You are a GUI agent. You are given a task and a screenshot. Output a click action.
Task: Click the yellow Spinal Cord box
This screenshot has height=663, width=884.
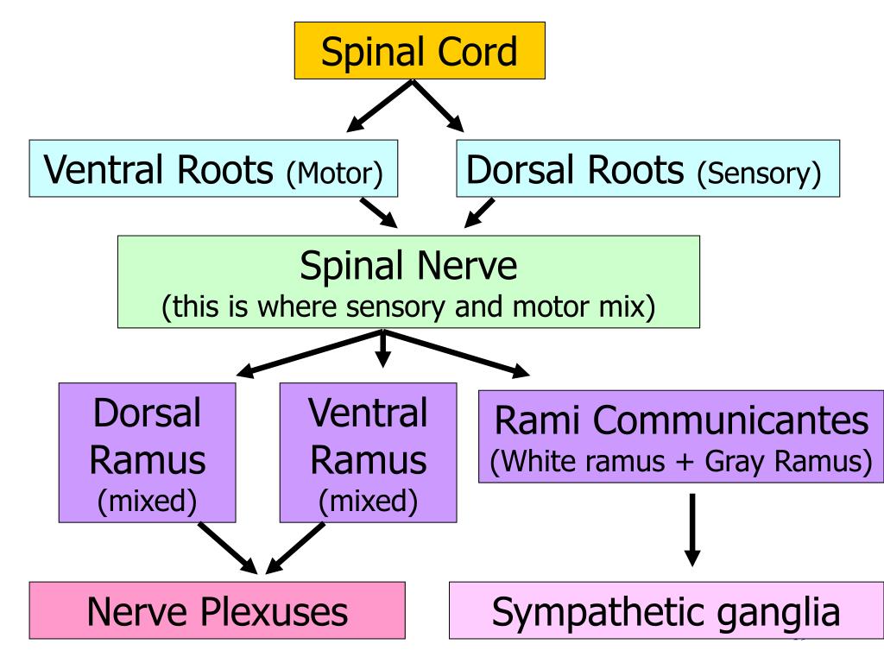(x=420, y=51)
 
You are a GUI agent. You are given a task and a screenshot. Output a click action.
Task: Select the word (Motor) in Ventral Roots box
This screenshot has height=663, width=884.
(x=334, y=173)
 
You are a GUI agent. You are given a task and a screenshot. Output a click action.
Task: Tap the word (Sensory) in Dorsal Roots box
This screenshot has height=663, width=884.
(x=759, y=173)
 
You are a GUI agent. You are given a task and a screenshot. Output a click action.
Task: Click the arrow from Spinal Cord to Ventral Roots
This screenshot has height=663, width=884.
(x=380, y=106)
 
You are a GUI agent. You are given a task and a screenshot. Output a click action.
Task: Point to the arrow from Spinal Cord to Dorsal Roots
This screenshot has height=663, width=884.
(x=438, y=106)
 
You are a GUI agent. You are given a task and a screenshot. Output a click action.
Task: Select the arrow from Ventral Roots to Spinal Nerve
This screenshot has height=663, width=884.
(x=379, y=212)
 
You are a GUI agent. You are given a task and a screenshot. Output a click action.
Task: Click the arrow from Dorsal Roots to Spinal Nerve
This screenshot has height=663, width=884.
(x=479, y=212)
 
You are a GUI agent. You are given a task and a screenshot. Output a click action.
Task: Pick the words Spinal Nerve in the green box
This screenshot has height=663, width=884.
(x=408, y=266)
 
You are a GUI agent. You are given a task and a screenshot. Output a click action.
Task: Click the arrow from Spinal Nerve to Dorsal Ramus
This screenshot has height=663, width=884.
(x=310, y=353)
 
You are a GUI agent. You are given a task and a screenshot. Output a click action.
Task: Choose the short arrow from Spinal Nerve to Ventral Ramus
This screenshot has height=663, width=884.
(x=382, y=350)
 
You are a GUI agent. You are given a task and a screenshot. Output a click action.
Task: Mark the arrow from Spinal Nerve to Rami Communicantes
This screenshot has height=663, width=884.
(x=457, y=353)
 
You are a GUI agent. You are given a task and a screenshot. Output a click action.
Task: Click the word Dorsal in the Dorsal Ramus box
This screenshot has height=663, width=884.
(x=147, y=414)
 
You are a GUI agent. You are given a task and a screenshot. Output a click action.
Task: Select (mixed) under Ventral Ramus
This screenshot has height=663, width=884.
(x=368, y=502)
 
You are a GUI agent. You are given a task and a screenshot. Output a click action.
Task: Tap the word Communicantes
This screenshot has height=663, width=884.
(x=730, y=420)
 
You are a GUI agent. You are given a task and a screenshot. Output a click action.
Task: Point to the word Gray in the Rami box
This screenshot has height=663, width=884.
(x=736, y=462)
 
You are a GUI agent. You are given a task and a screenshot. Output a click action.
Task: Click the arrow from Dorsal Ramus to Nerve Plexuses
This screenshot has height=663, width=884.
(x=228, y=548)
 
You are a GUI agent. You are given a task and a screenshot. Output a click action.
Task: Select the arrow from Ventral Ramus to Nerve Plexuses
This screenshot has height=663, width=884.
(x=295, y=548)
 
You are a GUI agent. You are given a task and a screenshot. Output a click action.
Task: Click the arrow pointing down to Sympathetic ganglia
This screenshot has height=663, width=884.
(x=692, y=530)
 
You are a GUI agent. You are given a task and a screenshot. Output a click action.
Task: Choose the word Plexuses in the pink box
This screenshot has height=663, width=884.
(x=274, y=612)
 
